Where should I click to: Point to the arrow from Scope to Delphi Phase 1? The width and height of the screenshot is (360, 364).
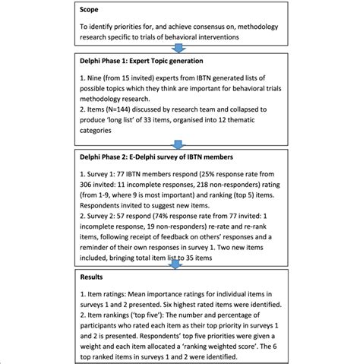click(179, 47)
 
